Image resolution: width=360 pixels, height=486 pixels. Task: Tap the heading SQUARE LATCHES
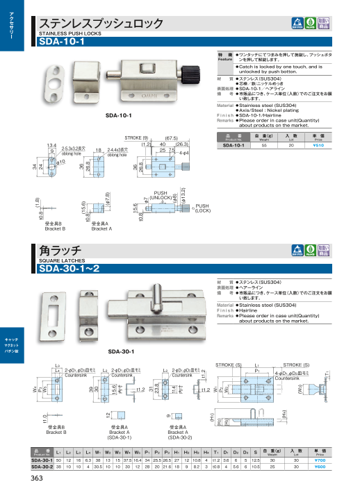(61, 260)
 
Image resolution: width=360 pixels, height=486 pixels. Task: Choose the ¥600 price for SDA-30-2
(319, 467)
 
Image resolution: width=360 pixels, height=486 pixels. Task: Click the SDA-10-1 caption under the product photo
(119, 113)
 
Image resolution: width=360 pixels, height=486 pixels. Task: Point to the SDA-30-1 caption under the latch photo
(119, 351)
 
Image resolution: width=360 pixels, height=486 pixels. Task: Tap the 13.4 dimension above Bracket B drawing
(51, 145)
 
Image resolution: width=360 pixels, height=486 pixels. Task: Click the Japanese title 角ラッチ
(62, 250)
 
